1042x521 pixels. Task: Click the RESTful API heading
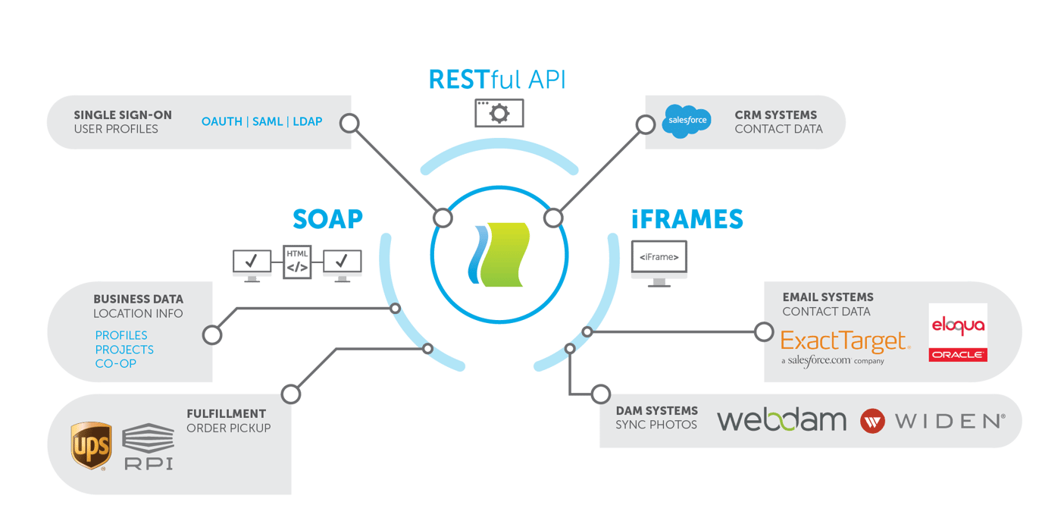[x=497, y=80]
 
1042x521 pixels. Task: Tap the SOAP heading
[x=327, y=218]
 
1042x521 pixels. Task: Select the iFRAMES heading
[x=687, y=219]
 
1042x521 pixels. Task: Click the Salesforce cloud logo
[x=686, y=121]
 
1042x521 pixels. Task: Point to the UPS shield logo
[x=91, y=445]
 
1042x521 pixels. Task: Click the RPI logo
[x=148, y=447]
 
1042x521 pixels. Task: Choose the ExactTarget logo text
[x=844, y=342]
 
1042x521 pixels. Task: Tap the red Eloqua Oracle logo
[x=958, y=333]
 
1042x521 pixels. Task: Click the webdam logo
[x=781, y=420]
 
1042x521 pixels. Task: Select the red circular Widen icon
[x=872, y=421]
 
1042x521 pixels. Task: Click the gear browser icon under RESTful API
[x=499, y=113]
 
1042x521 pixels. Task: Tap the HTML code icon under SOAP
[x=297, y=262]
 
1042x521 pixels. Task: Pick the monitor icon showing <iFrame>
[x=659, y=259]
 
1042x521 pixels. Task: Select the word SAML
[x=267, y=121]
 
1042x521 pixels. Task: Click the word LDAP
[x=307, y=121]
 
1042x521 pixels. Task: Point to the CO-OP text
[x=115, y=364]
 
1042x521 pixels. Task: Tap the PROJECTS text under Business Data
[x=124, y=350]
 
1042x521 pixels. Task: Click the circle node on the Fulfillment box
[x=290, y=394]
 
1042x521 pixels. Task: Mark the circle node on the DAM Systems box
[x=600, y=394]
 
